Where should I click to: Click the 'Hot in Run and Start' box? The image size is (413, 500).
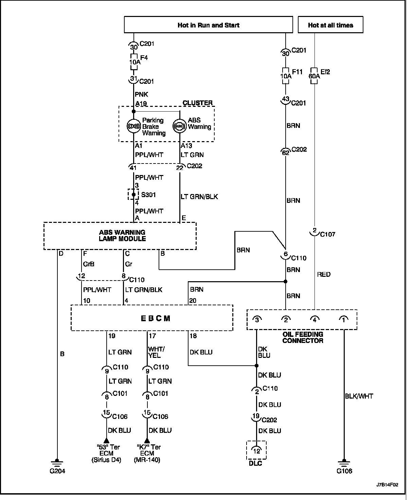pyautogui.click(x=208, y=25)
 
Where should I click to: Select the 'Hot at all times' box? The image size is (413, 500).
pyautogui.click(x=330, y=25)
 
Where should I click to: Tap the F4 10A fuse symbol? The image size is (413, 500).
pyautogui.click(x=134, y=62)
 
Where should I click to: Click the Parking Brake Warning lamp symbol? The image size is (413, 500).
pyautogui.click(x=134, y=126)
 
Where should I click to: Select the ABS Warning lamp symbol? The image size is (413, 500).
pyautogui.click(x=179, y=126)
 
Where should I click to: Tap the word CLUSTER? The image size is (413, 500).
pyautogui.click(x=197, y=103)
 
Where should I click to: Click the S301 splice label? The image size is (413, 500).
pyautogui.click(x=148, y=195)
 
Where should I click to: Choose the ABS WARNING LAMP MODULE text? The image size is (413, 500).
pyautogui.click(x=122, y=235)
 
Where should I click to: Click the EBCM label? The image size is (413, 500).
pyautogui.click(x=155, y=319)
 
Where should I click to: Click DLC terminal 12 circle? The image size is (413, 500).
pyautogui.click(x=256, y=451)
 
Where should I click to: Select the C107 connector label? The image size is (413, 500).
pyautogui.click(x=328, y=234)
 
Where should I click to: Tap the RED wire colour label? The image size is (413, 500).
pyautogui.click(x=324, y=274)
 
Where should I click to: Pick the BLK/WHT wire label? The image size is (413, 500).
pyautogui.click(x=359, y=396)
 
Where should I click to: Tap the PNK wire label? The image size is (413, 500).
pyautogui.click(x=142, y=94)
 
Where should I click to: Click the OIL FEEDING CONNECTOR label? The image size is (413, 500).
pyautogui.click(x=303, y=337)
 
